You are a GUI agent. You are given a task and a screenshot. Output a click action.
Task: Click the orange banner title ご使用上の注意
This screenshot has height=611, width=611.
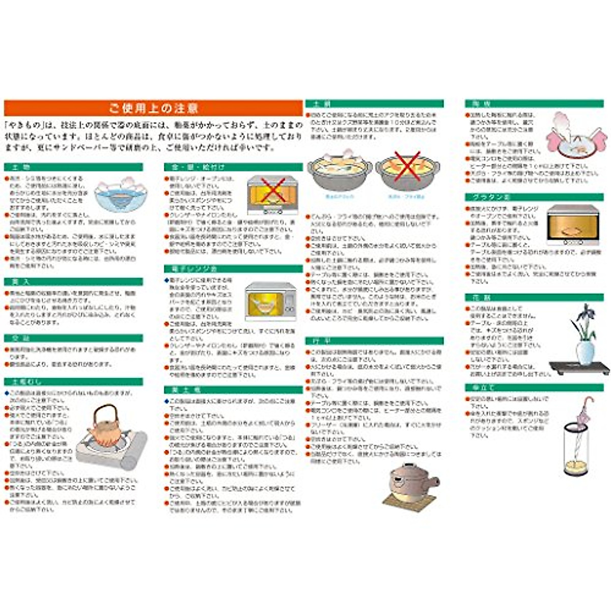153,108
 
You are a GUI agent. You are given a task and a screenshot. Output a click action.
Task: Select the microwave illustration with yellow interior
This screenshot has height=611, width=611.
270,301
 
